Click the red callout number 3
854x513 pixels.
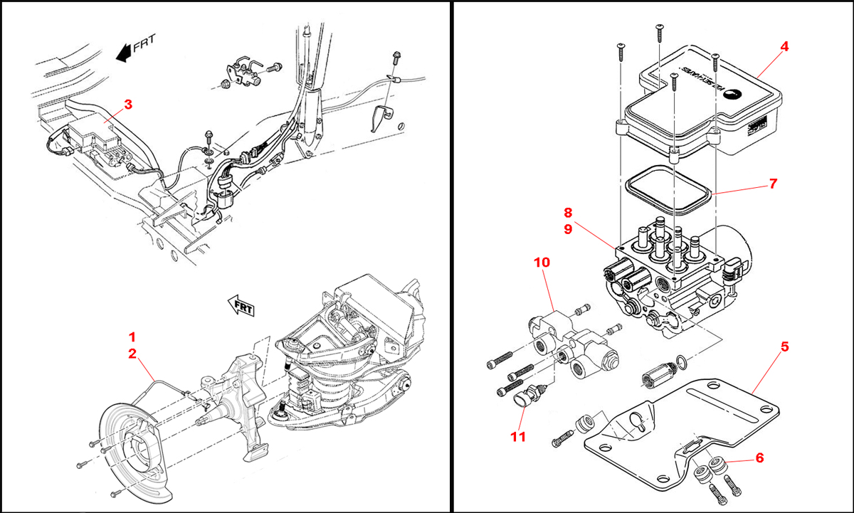pyautogui.click(x=128, y=105)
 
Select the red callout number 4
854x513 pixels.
pyautogui.click(x=784, y=47)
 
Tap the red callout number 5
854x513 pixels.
pyautogui.click(x=784, y=347)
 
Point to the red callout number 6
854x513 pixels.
pyautogui.click(x=759, y=459)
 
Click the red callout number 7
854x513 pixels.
pyautogui.click(x=773, y=184)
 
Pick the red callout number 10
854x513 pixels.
pyautogui.click(x=542, y=262)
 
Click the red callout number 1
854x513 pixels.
pyautogui.click(x=132, y=335)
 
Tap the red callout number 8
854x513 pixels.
pyautogui.click(x=568, y=212)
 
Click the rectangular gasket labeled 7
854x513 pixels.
pyautogui.click(x=668, y=190)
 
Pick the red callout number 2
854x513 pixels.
pyautogui.click(x=132, y=353)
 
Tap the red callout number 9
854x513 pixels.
pyautogui.click(x=568, y=229)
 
